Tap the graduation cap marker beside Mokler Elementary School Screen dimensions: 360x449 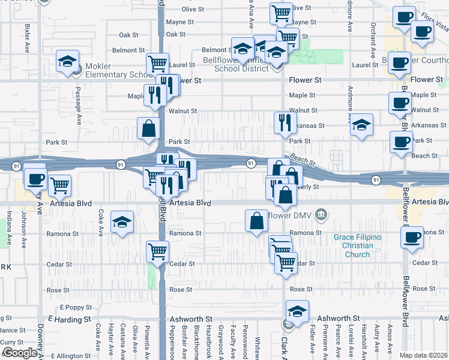(67, 62)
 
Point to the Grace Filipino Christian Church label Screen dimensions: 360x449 (357, 246)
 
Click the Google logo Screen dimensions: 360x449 (19, 353)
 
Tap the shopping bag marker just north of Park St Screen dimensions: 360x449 (148, 128)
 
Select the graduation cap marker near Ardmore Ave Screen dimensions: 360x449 (361, 125)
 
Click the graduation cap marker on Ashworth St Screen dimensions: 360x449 (297, 311)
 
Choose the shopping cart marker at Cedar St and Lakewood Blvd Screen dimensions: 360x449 (157, 251)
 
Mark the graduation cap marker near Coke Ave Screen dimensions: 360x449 (122, 223)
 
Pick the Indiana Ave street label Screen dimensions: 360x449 (9, 227)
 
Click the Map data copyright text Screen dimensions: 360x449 (423, 355)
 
